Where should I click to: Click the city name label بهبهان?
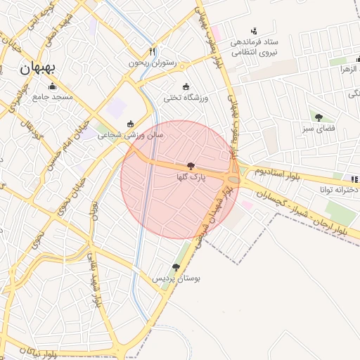coord(38,70)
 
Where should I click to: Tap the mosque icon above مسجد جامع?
coord(52,86)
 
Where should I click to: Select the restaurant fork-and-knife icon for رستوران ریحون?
coord(153,51)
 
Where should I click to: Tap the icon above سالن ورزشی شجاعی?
coord(129,124)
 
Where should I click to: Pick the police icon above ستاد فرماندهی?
coord(254,30)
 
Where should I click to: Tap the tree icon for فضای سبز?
coord(319,117)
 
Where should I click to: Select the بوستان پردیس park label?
coord(176,278)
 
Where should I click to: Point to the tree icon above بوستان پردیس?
coord(176,266)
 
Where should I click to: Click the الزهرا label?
coord(349,69)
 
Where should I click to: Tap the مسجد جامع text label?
coord(53,98)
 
